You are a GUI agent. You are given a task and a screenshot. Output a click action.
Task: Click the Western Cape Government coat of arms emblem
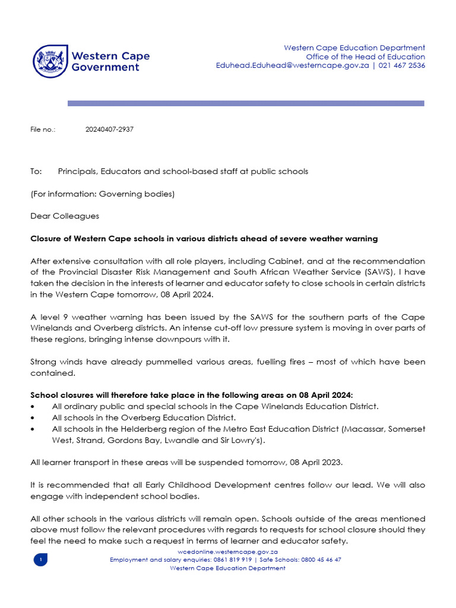point(50,61)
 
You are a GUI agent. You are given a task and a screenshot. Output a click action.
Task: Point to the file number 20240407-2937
point(110,129)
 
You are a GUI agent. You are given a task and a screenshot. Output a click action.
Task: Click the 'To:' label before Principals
point(36,172)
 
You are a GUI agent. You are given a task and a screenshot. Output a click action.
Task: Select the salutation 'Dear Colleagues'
point(65,216)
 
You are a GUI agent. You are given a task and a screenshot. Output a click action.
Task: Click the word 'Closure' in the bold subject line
point(46,239)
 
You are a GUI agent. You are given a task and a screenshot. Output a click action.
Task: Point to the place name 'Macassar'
point(365,429)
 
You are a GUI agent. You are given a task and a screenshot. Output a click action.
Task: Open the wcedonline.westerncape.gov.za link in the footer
point(228,552)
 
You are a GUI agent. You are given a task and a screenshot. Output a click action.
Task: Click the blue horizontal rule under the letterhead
point(246,103)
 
